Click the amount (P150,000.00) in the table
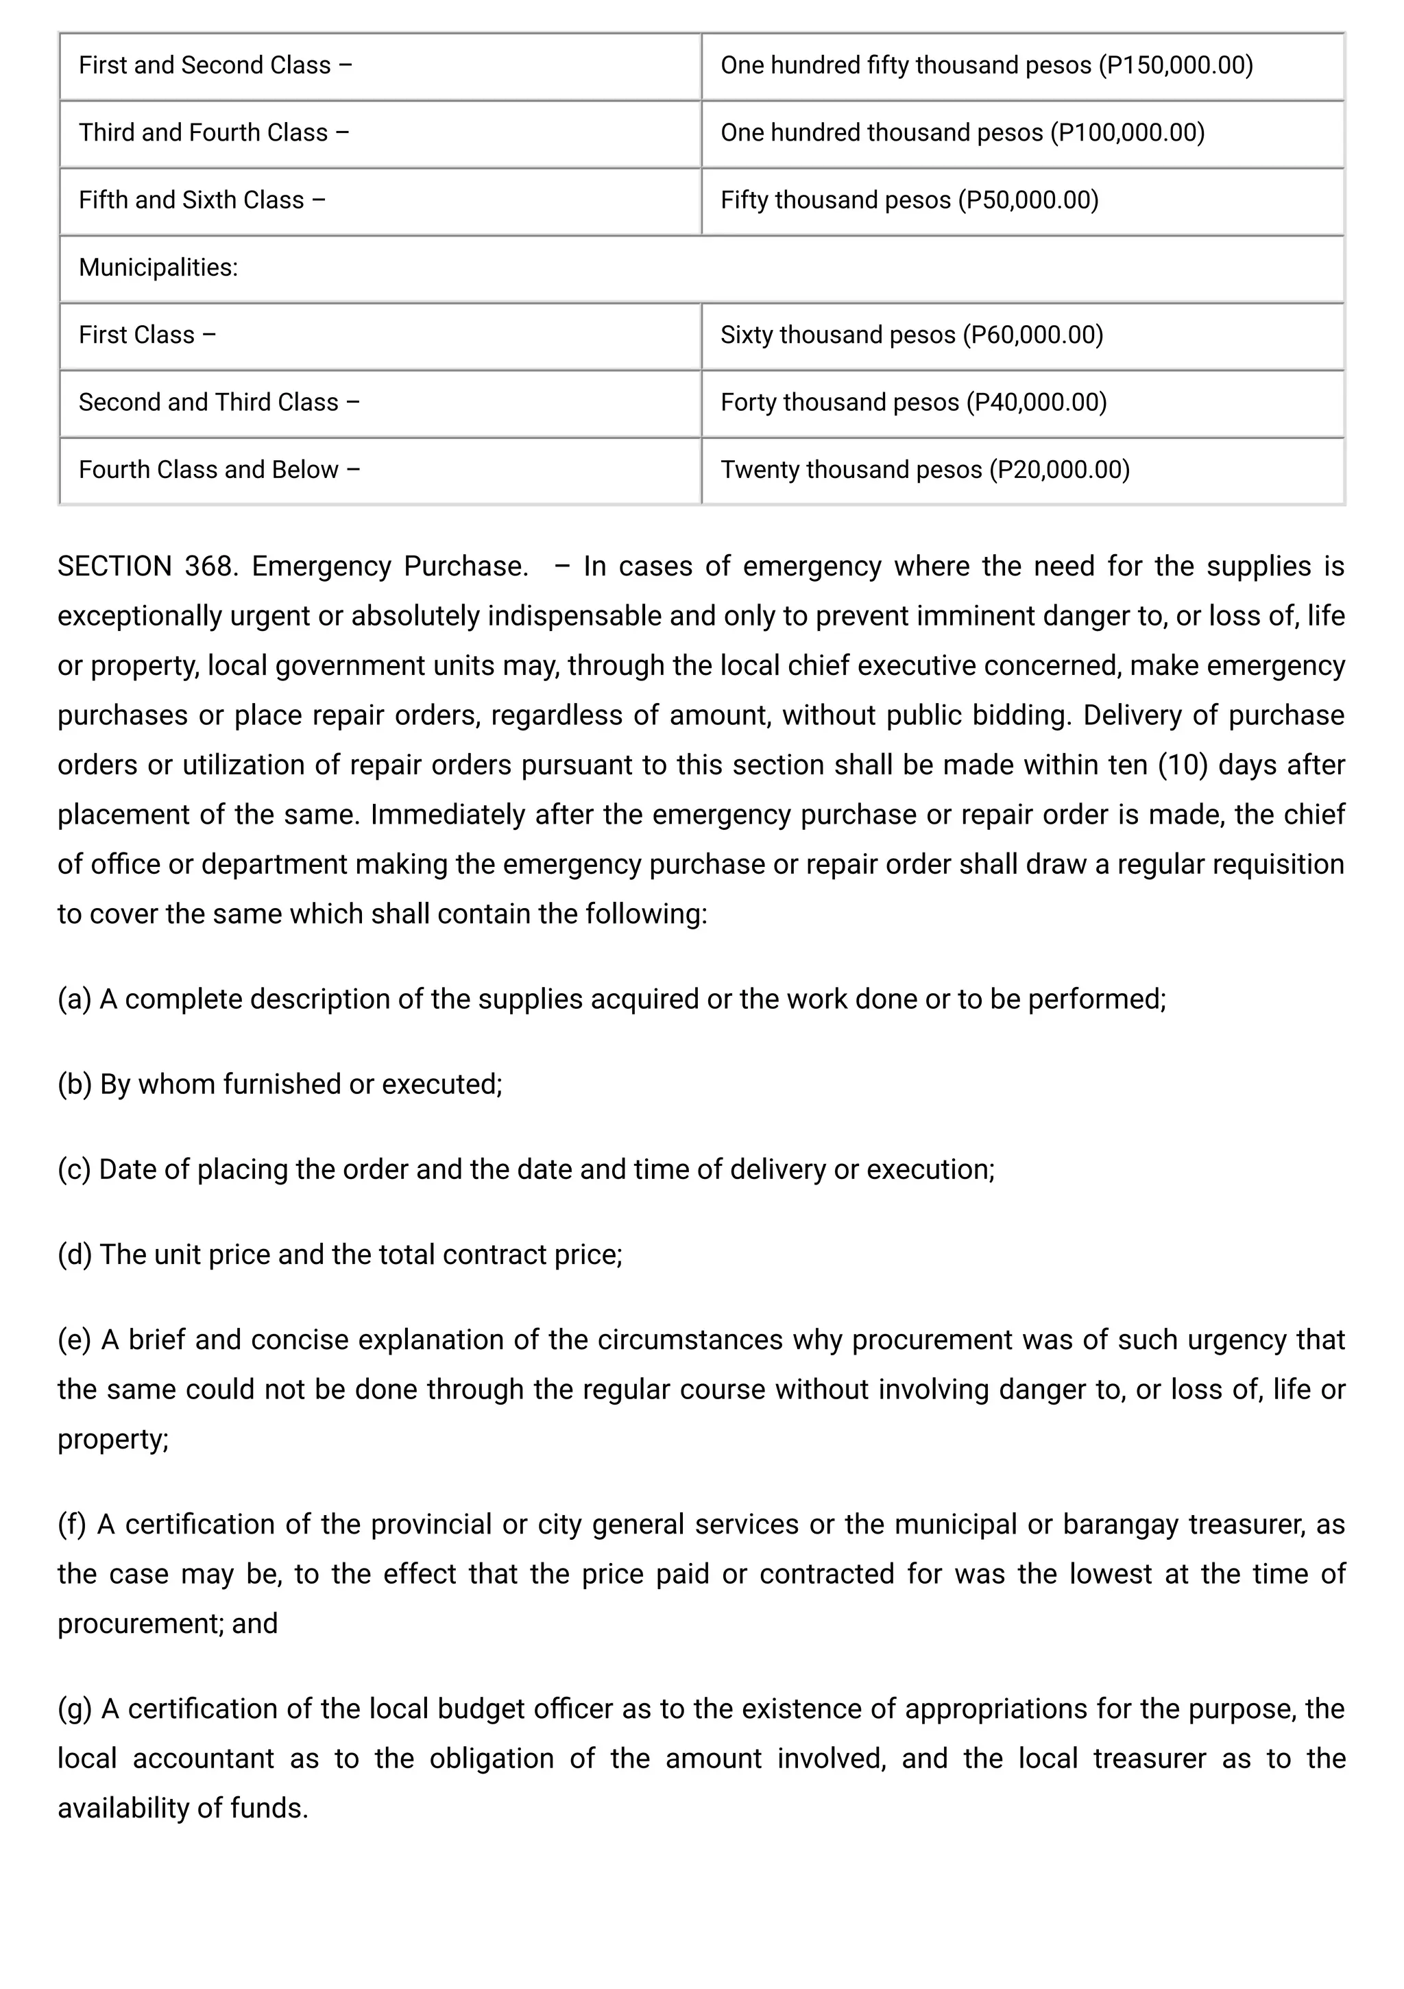click(x=1174, y=66)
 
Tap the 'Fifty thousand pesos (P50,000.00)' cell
click(x=910, y=200)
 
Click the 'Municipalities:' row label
click(x=158, y=267)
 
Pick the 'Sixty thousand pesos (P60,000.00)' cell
click(x=911, y=335)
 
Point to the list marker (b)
click(x=75, y=1084)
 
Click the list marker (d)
click(x=75, y=1254)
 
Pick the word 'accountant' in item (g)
click(x=203, y=1759)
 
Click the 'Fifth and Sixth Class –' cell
click(x=202, y=200)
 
